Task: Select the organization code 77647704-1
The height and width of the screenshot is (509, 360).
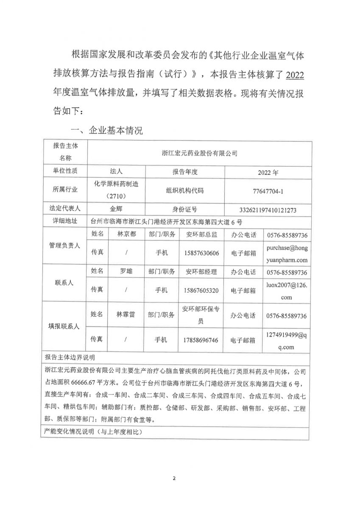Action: [x=268, y=191]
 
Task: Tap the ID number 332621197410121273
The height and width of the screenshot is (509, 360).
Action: [x=268, y=210]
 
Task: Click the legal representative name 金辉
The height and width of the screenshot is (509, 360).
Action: [x=116, y=209]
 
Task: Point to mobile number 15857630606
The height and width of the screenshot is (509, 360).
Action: [x=202, y=253]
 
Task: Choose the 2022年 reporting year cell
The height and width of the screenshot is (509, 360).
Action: [x=268, y=173]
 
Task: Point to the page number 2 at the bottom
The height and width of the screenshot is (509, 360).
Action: [x=174, y=479]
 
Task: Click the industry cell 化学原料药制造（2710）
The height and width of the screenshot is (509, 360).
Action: [x=116, y=190]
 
